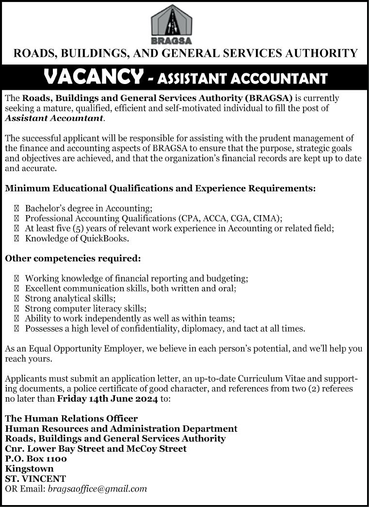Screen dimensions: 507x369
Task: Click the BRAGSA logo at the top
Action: coord(171,24)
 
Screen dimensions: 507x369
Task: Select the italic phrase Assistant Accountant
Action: coord(54,118)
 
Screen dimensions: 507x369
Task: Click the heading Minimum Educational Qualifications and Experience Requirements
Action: coord(160,187)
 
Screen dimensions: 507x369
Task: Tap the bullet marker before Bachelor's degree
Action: coord(17,208)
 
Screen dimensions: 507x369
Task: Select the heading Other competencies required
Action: coord(73,259)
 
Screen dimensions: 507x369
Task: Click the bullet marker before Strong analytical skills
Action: coord(17,299)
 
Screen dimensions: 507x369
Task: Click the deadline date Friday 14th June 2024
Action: coord(107,399)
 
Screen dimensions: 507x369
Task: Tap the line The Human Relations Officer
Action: coord(71,419)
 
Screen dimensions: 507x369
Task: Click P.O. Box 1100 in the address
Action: coord(36,458)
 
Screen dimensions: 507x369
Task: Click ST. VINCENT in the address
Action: coord(35,479)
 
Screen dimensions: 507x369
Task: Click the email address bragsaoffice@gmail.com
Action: coord(97,489)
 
